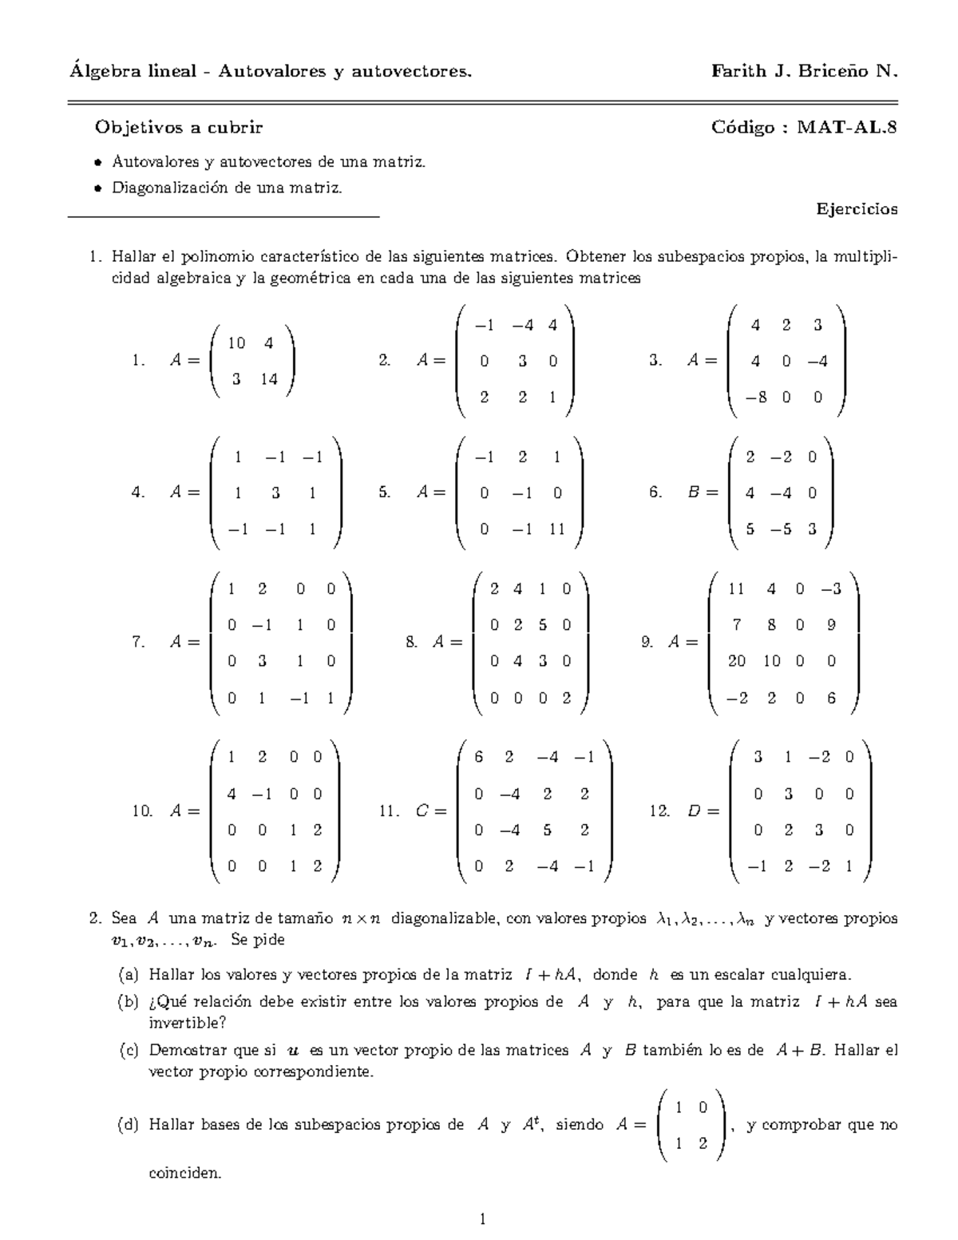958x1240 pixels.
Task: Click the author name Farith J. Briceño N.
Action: click(804, 72)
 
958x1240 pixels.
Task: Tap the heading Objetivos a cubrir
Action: click(178, 127)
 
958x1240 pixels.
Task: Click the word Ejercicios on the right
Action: click(857, 209)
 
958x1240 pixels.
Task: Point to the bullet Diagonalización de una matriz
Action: click(227, 188)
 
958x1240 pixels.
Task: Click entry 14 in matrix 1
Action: click(268, 379)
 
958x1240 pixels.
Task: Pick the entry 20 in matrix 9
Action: click(736, 661)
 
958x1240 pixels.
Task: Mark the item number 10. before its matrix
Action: click(142, 811)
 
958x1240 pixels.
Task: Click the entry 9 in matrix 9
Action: click(831, 625)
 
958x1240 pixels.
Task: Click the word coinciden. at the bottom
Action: click(184, 1174)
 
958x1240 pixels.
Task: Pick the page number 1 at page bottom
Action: click(482, 1219)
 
